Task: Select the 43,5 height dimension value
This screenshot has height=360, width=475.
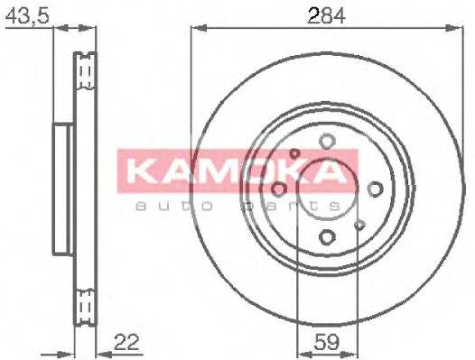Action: point(27,14)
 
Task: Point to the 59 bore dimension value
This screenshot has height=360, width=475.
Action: point(325,344)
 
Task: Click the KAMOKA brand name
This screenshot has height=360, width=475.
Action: point(237,171)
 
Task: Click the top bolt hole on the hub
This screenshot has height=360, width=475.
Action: point(327,141)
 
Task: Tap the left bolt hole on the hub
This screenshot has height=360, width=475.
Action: point(279,189)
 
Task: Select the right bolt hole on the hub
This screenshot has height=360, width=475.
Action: point(375,189)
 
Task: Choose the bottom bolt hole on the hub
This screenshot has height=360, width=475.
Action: point(327,236)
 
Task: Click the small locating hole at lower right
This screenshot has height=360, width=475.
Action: point(359,224)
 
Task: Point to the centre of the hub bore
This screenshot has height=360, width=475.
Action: point(327,189)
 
